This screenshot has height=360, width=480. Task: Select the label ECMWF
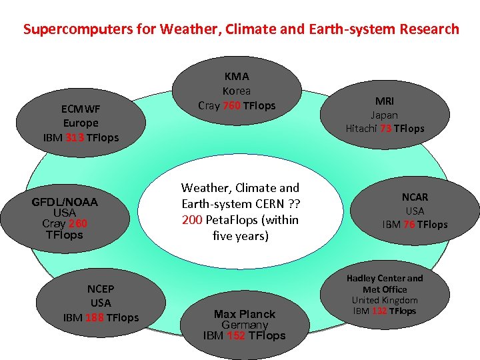pos(80,109)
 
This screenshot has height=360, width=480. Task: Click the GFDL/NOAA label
pos(65,202)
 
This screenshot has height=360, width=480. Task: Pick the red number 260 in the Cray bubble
pos(77,223)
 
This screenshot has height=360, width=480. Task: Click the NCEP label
pos(101,289)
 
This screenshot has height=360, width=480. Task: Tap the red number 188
pos(94,317)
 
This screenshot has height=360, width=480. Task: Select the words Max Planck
pos(244,313)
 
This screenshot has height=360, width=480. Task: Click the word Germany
pos(244,325)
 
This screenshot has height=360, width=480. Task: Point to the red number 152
pos(235,335)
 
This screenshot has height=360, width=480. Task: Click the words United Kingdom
pos(385,300)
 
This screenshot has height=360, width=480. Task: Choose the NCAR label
pos(415,197)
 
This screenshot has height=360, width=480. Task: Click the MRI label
pos(384,101)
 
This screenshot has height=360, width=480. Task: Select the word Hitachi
pos(361,129)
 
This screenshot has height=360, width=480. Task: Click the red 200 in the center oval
pos(191,220)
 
